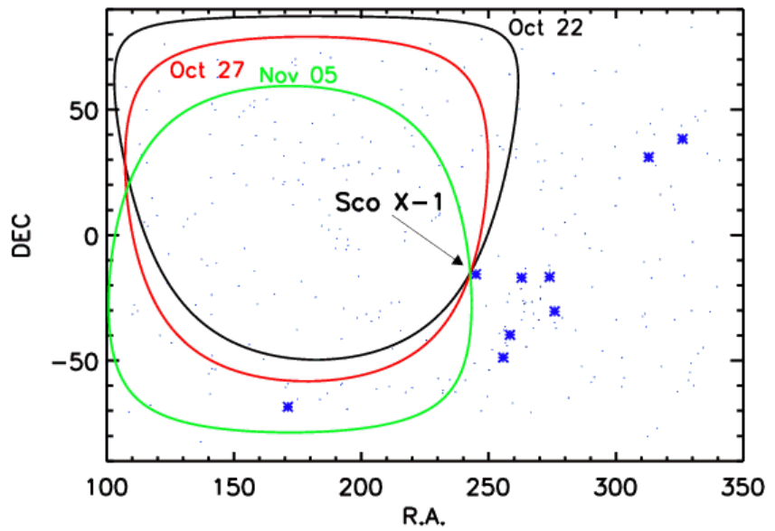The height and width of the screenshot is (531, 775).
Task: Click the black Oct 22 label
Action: (x=544, y=27)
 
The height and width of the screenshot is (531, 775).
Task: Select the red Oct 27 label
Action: (x=205, y=70)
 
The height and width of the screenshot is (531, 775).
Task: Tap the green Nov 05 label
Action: (x=298, y=75)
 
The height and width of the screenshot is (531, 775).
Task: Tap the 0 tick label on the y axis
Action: (x=89, y=235)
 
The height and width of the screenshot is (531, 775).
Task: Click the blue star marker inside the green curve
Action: (x=288, y=407)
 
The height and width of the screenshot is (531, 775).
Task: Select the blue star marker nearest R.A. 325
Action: (x=682, y=139)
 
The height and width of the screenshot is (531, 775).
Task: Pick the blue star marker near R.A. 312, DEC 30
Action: (x=648, y=157)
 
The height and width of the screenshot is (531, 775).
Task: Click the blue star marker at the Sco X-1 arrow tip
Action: (x=476, y=274)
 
